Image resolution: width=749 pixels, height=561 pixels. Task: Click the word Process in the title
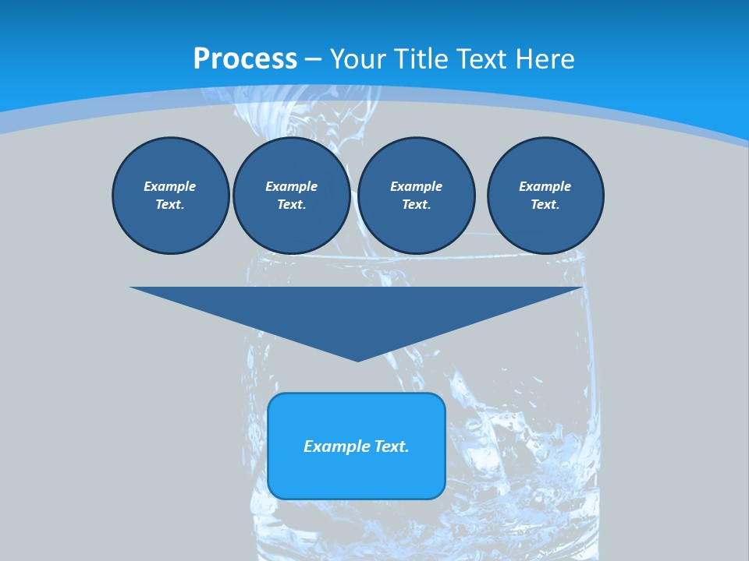pyautogui.click(x=245, y=59)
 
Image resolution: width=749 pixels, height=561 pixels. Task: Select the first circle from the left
pyautogui.click(x=170, y=196)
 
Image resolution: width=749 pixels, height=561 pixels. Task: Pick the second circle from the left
pyautogui.click(x=291, y=196)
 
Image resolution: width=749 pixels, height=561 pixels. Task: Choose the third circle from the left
pyautogui.click(x=416, y=196)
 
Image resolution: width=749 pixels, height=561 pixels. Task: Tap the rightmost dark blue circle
pyautogui.click(x=545, y=196)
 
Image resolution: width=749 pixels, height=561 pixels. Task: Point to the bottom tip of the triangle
pyautogui.click(x=357, y=360)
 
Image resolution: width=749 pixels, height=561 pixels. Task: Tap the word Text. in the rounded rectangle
pyautogui.click(x=390, y=446)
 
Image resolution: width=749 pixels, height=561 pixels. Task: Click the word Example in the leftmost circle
pyautogui.click(x=170, y=186)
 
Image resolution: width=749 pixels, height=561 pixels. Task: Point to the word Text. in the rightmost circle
pyautogui.click(x=545, y=204)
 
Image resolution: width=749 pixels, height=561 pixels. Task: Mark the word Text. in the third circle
pyautogui.click(x=416, y=204)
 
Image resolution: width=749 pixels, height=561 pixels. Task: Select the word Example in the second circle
pyautogui.click(x=291, y=186)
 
